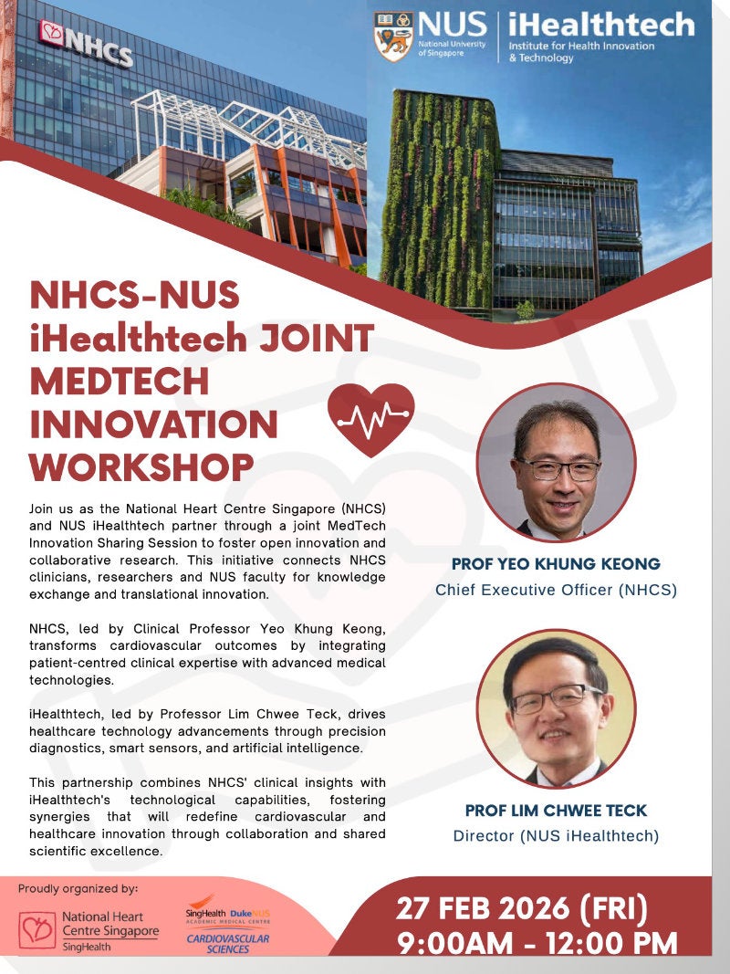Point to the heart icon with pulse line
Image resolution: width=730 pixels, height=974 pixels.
coord(370,419)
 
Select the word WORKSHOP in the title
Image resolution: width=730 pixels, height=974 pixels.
coord(141,466)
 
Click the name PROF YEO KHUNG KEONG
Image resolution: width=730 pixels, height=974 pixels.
coord(556,563)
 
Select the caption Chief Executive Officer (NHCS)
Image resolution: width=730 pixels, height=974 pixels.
coord(556,590)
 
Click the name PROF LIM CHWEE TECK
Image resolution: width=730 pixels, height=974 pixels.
coord(556,810)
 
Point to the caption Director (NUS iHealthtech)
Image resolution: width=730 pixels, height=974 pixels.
coord(556,835)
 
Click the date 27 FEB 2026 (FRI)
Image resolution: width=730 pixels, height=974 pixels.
coord(521,909)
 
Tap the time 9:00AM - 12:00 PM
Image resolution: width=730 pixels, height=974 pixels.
coord(537,943)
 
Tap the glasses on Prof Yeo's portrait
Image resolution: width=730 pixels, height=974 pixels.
coord(557,469)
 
